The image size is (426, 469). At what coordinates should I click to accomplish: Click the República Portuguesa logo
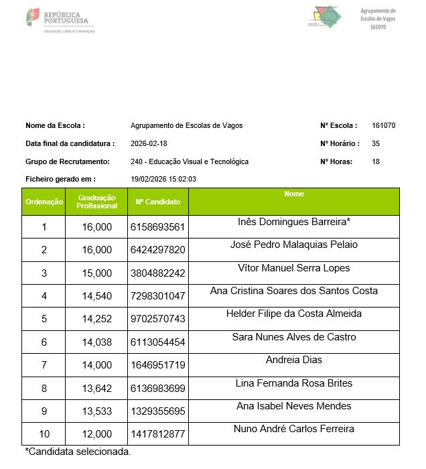pos(60,21)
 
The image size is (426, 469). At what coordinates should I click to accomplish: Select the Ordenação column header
pos(44,202)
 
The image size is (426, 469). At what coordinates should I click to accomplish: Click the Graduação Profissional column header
pos(96,202)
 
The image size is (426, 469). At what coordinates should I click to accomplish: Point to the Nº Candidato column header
pos(158,202)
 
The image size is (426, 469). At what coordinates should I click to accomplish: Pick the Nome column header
pos(294,194)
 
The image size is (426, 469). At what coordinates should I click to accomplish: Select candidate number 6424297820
pos(158,250)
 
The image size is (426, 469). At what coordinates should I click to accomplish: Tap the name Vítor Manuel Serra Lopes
pos(294,268)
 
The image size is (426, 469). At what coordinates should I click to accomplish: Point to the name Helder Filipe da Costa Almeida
pos(294,314)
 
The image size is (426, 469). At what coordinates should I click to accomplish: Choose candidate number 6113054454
pos(158,342)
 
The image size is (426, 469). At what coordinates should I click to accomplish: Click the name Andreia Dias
pos(294,360)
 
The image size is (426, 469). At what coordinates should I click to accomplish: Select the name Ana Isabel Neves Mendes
pos(294,406)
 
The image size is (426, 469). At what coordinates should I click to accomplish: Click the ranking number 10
pos(44,433)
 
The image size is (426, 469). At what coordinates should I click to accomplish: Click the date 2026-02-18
pos(149,143)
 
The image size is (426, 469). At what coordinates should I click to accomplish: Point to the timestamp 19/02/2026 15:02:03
pos(163,180)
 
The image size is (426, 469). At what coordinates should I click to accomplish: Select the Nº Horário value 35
pos(376,143)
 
